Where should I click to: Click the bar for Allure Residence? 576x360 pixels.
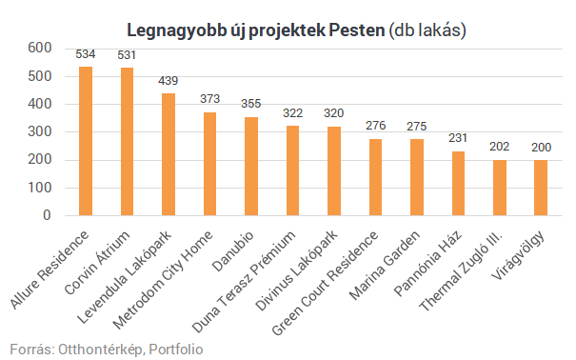pos(86,141)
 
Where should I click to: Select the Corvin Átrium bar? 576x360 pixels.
pos(127,142)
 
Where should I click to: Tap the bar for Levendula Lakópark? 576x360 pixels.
pos(169,154)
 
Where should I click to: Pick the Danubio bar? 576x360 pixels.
pos(251,167)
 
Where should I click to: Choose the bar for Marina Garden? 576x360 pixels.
pos(417,177)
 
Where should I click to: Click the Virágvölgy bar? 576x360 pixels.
pos(541,188)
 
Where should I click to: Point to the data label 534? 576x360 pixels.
pos(86,55)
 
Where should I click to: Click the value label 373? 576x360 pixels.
pos(209,100)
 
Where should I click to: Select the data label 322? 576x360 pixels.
pos(292,114)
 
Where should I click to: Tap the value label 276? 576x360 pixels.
pos(375,127)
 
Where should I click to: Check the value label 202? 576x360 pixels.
pos(500,148)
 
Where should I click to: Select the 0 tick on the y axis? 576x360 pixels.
pos(46,216)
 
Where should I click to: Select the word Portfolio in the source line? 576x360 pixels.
pos(175,350)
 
